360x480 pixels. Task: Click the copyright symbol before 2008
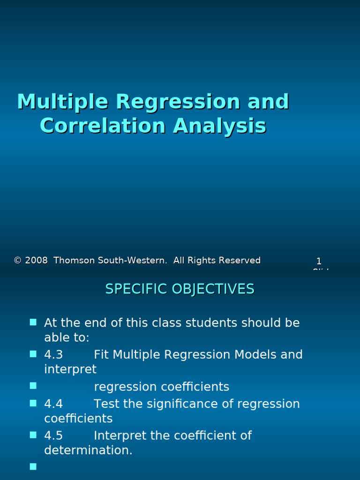[x=18, y=261]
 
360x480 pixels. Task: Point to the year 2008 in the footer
[x=37, y=261]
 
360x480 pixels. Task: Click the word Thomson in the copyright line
[x=73, y=261]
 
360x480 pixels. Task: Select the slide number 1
[x=319, y=261]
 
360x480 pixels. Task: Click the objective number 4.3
[x=53, y=355]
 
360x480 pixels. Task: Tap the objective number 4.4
[x=53, y=404]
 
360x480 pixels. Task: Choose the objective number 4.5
[x=53, y=436]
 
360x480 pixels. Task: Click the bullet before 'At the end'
[x=33, y=322]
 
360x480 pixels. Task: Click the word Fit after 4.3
[x=102, y=355]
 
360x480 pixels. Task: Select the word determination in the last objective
[x=88, y=450]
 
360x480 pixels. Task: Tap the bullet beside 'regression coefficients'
[x=33, y=386]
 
